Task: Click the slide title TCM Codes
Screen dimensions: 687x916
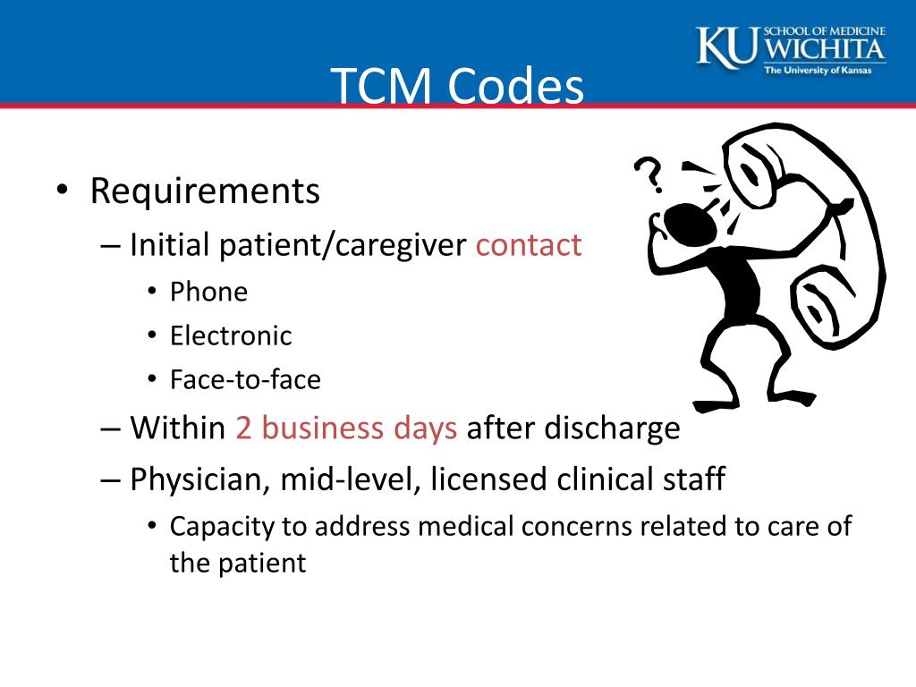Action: [x=457, y=88]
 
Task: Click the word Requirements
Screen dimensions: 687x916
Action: [x=205, y=191]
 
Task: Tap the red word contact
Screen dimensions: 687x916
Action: [x=529, y=244]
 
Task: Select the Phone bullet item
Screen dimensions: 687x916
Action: [x=208, y=292]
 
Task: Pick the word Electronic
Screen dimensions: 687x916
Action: [x=231, y=336]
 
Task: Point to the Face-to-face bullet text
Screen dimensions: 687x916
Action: [x=245, y=380]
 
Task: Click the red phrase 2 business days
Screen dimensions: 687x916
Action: [x=346, y=428]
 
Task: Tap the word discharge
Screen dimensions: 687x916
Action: [x=573, y=428]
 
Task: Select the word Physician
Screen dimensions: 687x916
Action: [x=199, y=479]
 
